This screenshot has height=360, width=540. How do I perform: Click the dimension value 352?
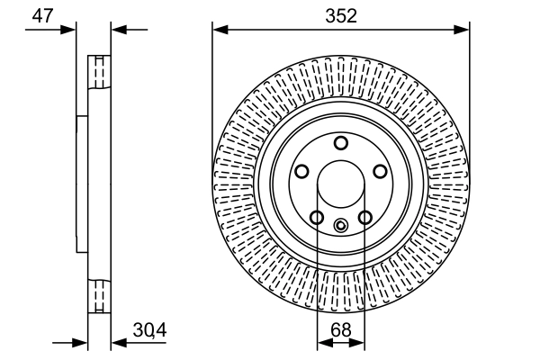pos(341,15)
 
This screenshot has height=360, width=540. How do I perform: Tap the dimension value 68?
pos(341,329)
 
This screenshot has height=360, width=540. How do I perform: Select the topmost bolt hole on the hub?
pos(341,143)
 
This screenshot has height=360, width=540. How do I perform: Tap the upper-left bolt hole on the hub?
pos(301,171)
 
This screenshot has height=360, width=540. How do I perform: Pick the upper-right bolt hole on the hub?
pos(381,171)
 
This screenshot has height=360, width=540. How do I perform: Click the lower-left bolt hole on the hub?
pos(317,217)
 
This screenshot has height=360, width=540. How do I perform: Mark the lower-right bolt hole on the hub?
pos(365,217)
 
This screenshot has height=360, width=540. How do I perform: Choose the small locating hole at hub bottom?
pos(341,226)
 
